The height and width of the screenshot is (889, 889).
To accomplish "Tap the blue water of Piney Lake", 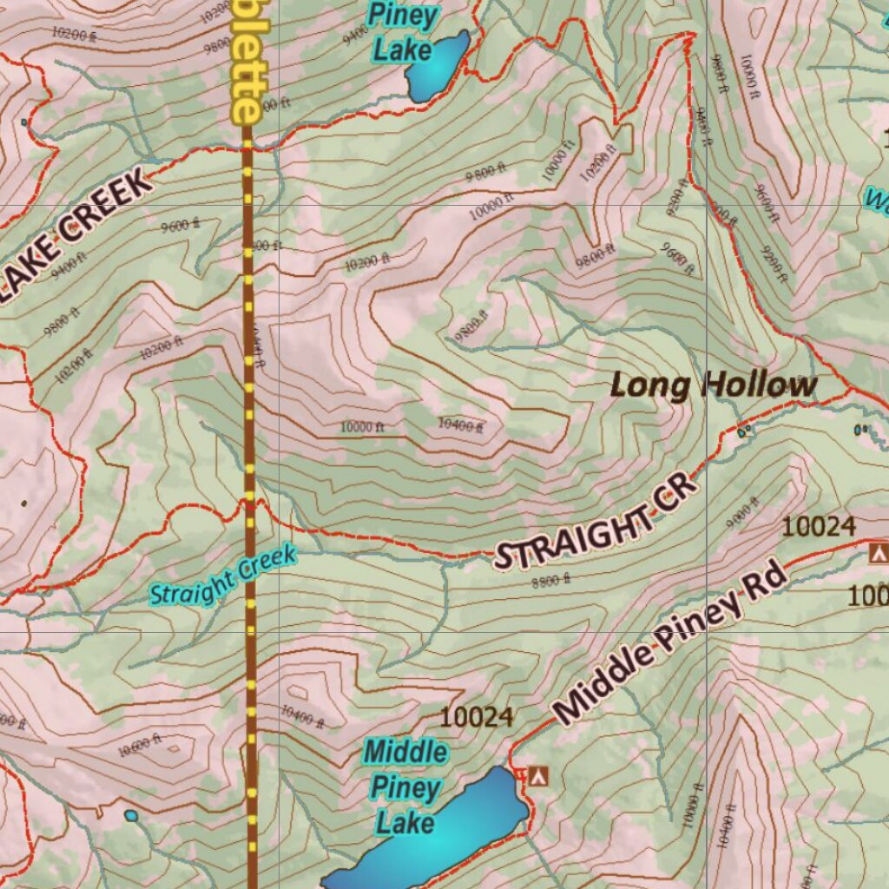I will (437, 65).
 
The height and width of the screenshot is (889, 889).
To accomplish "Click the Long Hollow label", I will (713, 385).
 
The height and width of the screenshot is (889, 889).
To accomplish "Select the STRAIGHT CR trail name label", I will (596, 522).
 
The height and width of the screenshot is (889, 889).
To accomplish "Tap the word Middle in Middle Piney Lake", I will (405, 751).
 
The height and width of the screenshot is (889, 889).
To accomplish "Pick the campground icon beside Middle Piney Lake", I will (539, 774).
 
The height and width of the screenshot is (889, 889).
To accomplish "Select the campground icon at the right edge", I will (879, 552).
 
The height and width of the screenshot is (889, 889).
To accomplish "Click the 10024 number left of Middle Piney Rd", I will (477, 717).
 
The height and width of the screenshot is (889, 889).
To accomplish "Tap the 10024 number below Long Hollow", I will (819, 526).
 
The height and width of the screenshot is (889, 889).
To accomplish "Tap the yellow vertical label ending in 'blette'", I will (245, 61).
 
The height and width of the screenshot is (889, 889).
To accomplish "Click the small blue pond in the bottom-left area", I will (131, 815).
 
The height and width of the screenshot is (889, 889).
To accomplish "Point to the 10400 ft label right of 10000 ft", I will (460, 425).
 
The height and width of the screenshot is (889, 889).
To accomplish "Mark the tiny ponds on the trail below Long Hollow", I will (743, 431).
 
